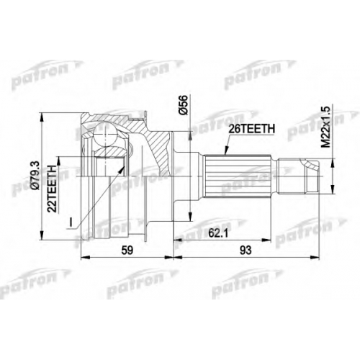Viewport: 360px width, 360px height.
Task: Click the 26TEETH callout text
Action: point(251,129)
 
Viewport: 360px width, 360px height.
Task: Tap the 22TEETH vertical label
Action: point(53,189)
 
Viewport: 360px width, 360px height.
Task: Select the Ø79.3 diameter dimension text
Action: point(35,176)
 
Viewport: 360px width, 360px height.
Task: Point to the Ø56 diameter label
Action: point(184,104)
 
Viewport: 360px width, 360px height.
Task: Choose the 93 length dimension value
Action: point(246,251)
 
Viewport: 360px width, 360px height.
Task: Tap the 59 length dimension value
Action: point(127,251)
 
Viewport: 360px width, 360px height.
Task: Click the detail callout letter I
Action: point(71,222)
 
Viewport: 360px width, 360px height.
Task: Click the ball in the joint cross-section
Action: point(104,135)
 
